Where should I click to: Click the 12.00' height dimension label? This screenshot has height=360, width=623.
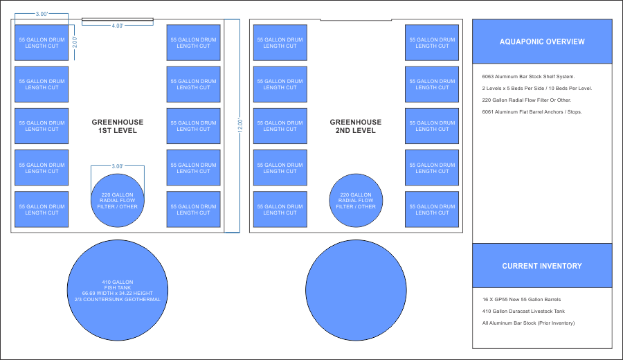(x=240, y=126)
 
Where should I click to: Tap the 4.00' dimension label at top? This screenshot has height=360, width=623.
(x=118, y=26)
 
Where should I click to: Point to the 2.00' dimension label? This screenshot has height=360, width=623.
(x=75, y=42)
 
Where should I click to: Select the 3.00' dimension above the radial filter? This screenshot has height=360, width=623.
(x=118, y=166)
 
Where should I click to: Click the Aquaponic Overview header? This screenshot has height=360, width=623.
(x=542, y=42)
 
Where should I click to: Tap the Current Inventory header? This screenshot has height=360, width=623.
(x=542, y=266)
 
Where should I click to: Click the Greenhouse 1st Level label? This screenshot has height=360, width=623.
(x=118, y=126)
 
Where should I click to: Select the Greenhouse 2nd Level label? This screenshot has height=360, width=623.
(x=356, y=126)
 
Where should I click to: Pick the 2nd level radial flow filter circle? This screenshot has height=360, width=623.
(x=356, y=201)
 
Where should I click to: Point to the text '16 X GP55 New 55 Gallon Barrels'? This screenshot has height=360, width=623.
(x=522, y=300)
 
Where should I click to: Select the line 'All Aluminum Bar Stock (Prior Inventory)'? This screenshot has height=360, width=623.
(x=529, y=323)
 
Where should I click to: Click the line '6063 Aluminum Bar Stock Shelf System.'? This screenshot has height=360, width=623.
(x=529, y=76)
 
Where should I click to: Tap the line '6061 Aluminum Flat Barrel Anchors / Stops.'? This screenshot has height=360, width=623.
(x=532, y=111)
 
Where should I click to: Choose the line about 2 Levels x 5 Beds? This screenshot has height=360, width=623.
(x=537, y=89)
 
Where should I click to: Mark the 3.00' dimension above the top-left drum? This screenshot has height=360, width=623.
(x=42, y=14)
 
